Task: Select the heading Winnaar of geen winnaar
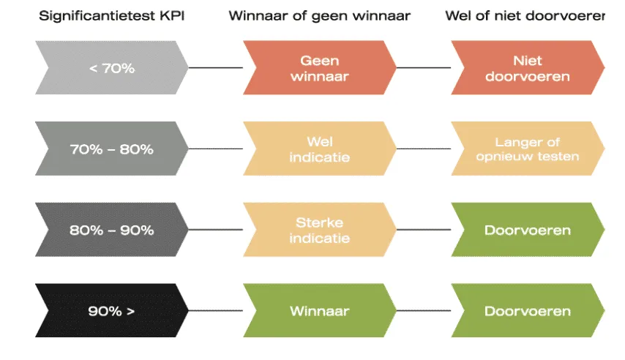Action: [319, 15]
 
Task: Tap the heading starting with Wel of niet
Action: [525, 15]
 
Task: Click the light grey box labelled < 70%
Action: [111, 68]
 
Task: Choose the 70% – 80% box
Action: [111, 149]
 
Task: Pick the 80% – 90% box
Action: [111, 230]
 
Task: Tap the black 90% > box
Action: [111, 311]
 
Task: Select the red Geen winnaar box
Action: [319, 68]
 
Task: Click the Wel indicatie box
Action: [319, 149]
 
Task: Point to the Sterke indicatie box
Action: [319, 230]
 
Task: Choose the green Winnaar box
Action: [319, 311]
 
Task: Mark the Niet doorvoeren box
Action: [527, 68]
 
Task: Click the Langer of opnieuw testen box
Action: [527, 149]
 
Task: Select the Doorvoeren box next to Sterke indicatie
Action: [527, 230]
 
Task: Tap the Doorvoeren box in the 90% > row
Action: [527, 311]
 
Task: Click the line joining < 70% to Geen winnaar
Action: [215, 68]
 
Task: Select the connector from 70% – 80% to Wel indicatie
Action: [215, 149]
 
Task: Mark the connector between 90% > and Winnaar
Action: [215, 311]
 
